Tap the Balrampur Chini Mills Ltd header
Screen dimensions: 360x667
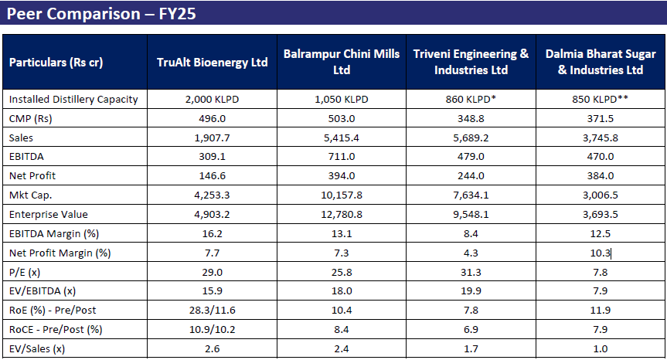click(342, 62)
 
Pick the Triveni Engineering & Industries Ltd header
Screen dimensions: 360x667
click(471, 62)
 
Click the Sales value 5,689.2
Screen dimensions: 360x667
click(471, 137)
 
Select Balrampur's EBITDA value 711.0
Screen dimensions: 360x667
click(342, 156)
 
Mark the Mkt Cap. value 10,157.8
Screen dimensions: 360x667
click(342, 194)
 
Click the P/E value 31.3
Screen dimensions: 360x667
click(471, 271)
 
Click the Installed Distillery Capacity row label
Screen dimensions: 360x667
click(73, 99)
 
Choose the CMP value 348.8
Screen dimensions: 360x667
click(471, 118)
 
